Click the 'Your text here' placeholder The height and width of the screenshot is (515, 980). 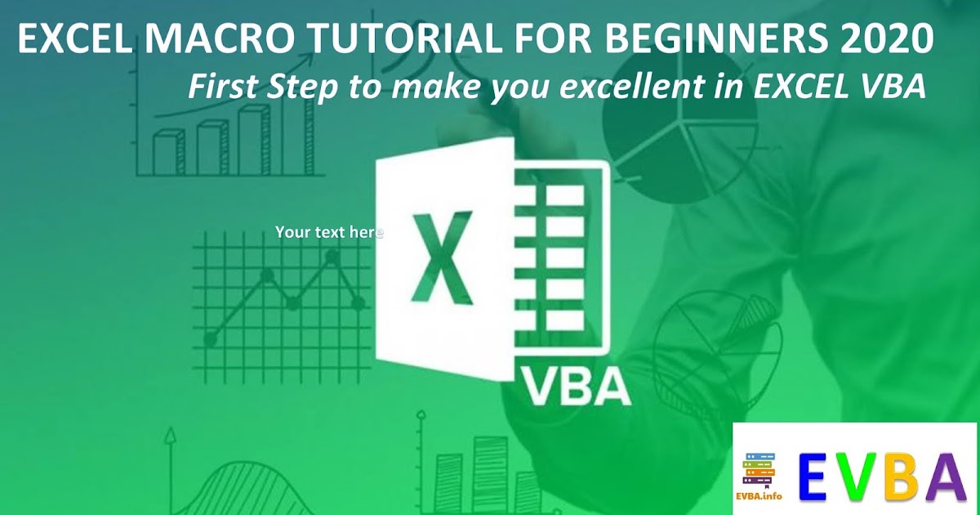point(329,232)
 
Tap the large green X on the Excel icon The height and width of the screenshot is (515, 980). point(442,256)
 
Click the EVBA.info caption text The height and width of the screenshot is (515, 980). point(759,496)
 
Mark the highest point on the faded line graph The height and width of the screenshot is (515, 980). point(332,256)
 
